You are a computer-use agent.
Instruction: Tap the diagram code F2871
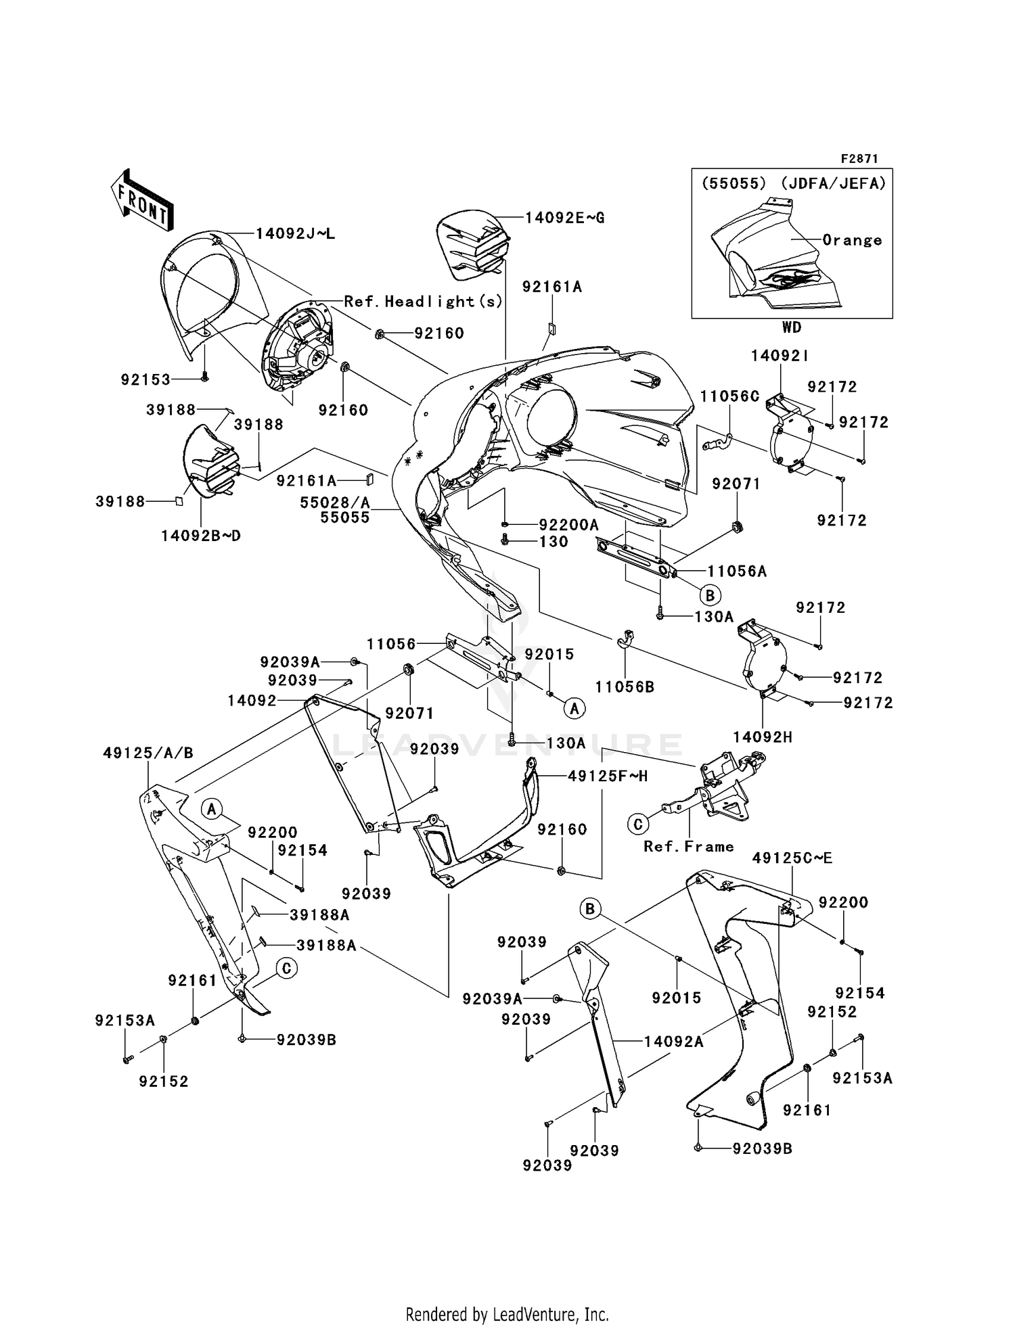(859, 158)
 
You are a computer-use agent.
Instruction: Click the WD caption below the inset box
(791, 327)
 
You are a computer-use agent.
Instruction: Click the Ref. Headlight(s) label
(424, 301)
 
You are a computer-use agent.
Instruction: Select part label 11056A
(737, 572)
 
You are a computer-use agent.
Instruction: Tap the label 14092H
(763, 738)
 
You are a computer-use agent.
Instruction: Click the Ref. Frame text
(688, 847)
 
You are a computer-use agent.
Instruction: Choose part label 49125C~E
(792, 858)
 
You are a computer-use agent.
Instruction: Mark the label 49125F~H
(607, 776)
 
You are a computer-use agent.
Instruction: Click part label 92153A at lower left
(125, 1021)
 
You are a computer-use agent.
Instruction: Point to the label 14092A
(673, 1042)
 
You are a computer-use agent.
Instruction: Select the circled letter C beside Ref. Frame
(637, 824)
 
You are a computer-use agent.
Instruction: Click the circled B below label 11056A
(710, 596)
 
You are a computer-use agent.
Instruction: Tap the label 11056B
(625, 687)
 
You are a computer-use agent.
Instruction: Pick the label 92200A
(568, 525)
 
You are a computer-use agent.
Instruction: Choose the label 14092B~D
(200, 536)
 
